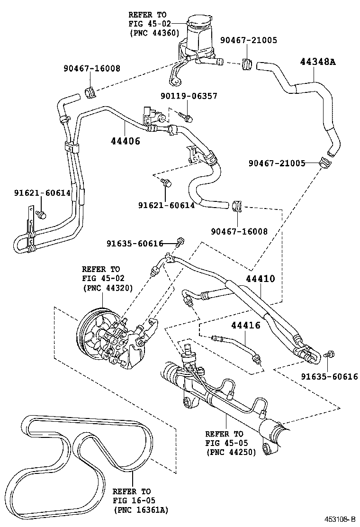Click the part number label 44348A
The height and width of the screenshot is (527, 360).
click(317, 61)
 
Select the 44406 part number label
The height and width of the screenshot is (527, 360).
click(126, 141)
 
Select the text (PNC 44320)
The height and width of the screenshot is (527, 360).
click(107, 287)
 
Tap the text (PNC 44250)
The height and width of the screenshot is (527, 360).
click(231, 452)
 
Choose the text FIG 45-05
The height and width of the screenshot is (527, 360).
click(224, 443)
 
